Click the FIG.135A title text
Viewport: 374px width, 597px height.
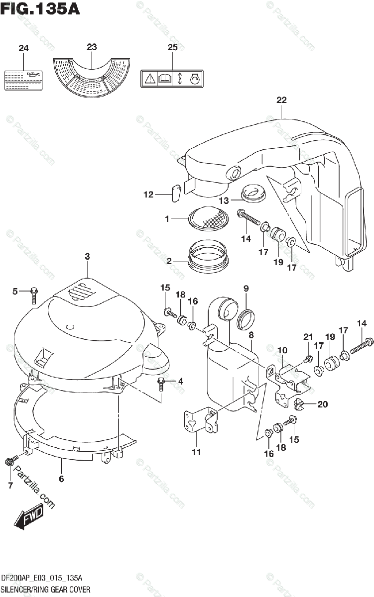[40, 8]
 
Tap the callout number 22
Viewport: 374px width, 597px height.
[281, 100]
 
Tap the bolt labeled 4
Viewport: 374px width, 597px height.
[162, 385]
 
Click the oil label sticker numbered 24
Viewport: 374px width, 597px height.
[23, 79]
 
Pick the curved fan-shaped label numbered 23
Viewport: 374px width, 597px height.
[92, 77]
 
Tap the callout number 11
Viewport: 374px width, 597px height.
[196, 452]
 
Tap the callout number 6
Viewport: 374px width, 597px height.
[61, 479]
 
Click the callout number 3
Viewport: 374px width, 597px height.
[87, 257]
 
